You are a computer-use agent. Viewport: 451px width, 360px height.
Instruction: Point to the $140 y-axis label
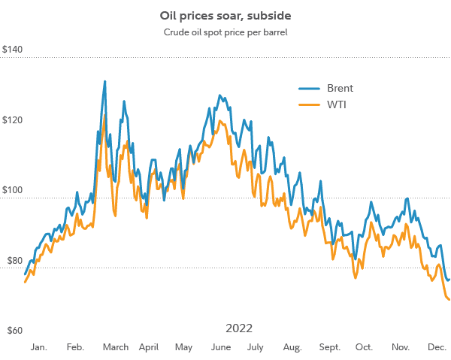click(x=13, y=50)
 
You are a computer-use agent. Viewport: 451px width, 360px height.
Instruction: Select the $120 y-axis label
click(x=13, y=120)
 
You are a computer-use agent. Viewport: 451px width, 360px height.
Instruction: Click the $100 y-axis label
click(x=13, y=191)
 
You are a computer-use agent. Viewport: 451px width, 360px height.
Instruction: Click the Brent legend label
click(x=340, y=88)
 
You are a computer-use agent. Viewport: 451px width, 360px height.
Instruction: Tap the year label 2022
click(x=239, y=328)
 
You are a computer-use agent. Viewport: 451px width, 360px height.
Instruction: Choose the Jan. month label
click(x=40, y=347)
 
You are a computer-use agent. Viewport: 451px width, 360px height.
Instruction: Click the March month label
click(x=115, y=347)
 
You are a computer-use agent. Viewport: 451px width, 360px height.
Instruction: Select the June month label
click(x=222, y=347)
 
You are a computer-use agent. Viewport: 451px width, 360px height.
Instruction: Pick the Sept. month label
click(x=329, y=347)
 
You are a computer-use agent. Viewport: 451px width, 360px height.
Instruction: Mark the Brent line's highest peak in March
click(x=104, y=81)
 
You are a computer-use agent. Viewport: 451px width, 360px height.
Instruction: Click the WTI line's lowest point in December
click(x=449, y=300)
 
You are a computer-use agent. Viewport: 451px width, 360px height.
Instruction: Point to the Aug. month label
click(x=292, y=347)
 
